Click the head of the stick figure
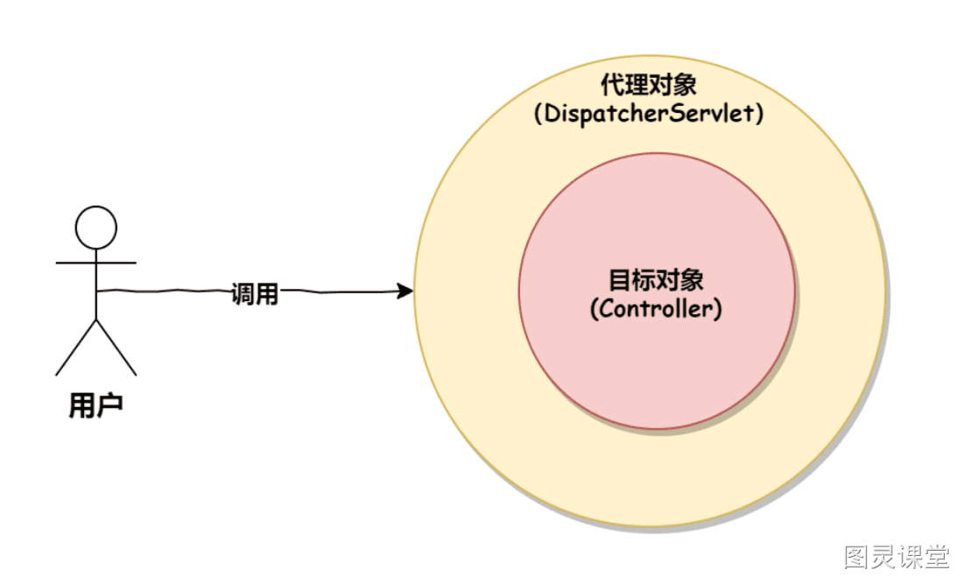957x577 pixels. click(x=95, y=228)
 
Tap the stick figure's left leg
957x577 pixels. click(x=76, y=347)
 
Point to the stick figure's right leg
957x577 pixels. click(x=116, y=347)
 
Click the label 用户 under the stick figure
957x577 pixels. click(x=95, y=405)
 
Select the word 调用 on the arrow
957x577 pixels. click(x=255, y=293)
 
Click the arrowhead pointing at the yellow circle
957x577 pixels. click(x=405, y=292)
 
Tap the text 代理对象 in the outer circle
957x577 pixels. click(x=648, y=84)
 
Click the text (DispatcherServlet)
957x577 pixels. click(x=649, y=114)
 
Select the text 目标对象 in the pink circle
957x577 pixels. click(x=656, y=280)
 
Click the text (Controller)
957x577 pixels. click(x=656, y=308)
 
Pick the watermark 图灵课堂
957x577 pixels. click(x=897, y=557)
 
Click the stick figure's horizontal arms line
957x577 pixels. click(x=95, y=264)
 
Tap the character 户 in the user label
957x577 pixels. click(x=109, y=405)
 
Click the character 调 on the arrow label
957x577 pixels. click(x=243, y=293)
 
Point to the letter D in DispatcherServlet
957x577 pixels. click(x=552, y=113)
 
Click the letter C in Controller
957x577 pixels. click(x=606, y=308)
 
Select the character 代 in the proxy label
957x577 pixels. click(x=612, y=84)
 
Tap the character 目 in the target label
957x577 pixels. click(x=620, y=280)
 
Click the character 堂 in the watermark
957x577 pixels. click(x=936, y=557)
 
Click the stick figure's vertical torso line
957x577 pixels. click(x=96, y=284)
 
